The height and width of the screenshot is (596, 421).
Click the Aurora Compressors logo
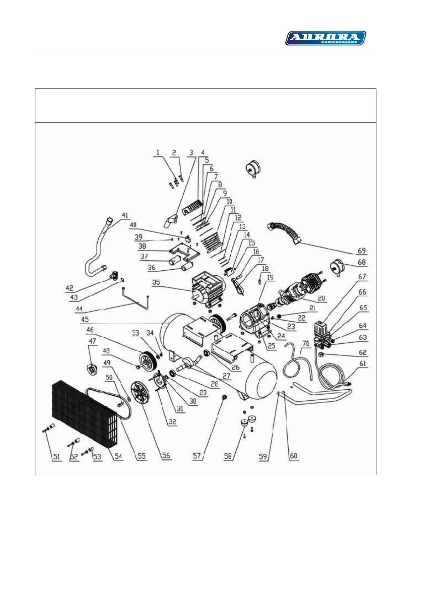[x=325, y=38]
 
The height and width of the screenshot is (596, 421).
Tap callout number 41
[x=125, y=216]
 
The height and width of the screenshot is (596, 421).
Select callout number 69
[x=361, y=251]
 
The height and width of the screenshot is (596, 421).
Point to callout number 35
[x=156, y=282]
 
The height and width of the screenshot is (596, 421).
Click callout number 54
[x=118, y=456]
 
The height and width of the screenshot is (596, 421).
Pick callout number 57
[x=197, y=456]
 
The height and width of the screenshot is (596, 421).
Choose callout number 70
[x=306, y=344]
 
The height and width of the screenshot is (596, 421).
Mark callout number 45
[x=85, y=320]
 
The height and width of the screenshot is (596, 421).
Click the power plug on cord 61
[x=348, y=384]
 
